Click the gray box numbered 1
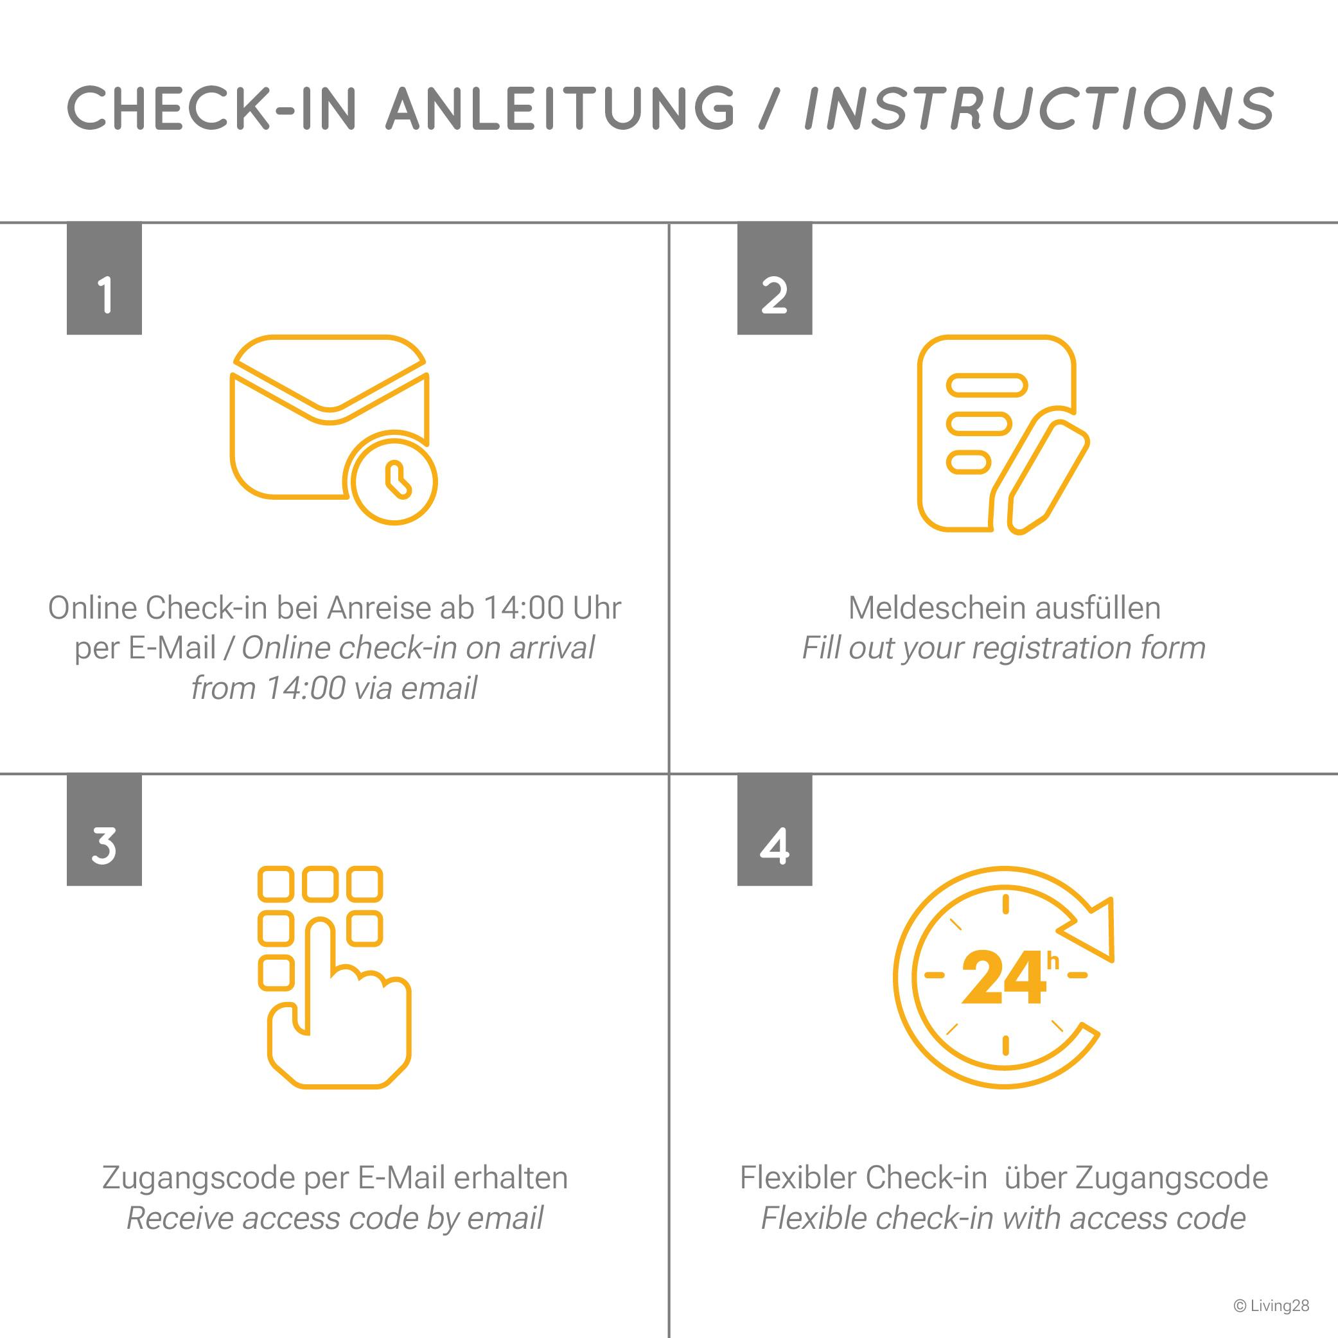(104, 278)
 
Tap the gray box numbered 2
(774, 278)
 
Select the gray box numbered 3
(104, 830)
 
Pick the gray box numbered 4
(774, 830)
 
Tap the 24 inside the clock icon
(1003, 978)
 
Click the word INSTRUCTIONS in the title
(1038, 108)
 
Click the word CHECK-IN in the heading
(212, 108)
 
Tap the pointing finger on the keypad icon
(339, 1004)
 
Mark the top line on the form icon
(987, 384)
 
